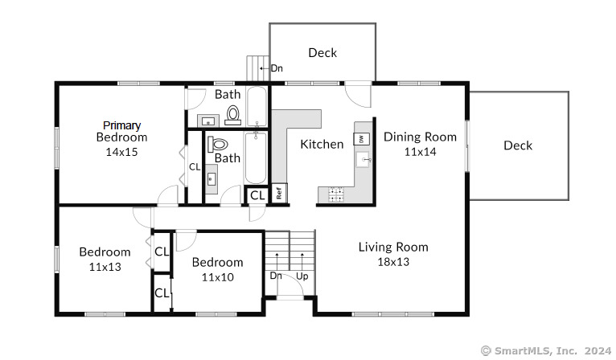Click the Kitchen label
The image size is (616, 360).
[x=322, y=144]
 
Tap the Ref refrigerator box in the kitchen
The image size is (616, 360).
[x=279, y=193]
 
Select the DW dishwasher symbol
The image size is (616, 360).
[x=361, y=138]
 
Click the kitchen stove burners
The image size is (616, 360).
[x=336, y=194]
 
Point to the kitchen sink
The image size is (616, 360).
[x=363, y=160]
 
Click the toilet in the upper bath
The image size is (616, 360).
[x=233, y=116]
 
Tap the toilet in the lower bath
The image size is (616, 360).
[x=218, y=144]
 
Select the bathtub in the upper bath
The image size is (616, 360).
[x=257, y=107]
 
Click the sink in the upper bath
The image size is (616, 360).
[x=207, y=121]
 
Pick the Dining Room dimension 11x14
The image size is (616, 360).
[x=421, y=152]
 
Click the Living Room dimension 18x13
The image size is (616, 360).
[x=393, y=262]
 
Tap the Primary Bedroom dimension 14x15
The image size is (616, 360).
[x=121, y=152]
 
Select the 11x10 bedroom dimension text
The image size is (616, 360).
[x=218, y=277]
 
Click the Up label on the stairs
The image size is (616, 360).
[x=302, y=276]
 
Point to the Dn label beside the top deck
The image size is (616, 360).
[x=277, y=68]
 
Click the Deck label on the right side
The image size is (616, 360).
[x=518, y=145]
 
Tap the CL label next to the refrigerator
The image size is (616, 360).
[x=257, y=195]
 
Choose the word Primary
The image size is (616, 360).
[x=121, y=125]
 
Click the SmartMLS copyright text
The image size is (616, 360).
[x=546, y=350]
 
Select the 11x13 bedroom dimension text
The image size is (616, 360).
[x=105, y=267]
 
